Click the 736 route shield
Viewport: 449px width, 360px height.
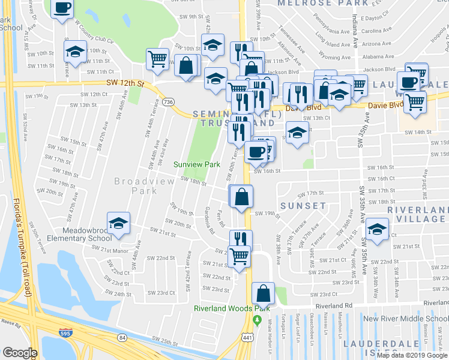[168, 103]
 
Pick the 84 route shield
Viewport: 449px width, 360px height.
[122, 338]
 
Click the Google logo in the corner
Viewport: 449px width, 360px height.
[20, 353]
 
